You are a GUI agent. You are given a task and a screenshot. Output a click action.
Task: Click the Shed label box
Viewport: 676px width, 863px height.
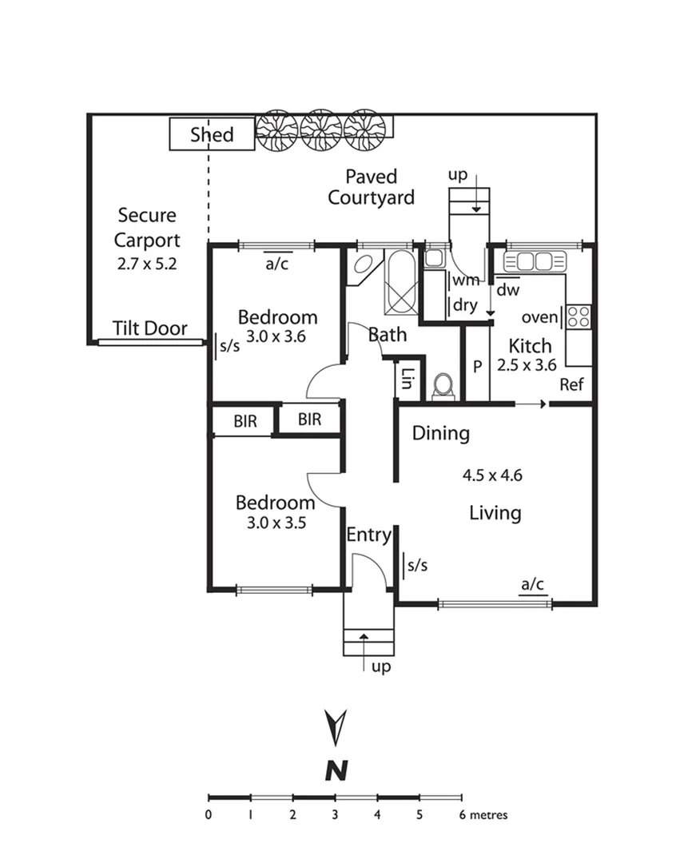coord(212,134)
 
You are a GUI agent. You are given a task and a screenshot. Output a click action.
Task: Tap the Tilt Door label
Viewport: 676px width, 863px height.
coord(150,328)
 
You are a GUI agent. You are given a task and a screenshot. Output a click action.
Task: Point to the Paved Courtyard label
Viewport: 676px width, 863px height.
coord(371,186)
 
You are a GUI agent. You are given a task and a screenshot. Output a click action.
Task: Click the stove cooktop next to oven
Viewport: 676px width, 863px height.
coord(579,316)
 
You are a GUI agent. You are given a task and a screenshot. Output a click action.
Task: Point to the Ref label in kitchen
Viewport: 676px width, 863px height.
coord(571,384)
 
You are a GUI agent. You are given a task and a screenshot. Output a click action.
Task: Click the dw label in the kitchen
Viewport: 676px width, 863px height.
coord(507,291)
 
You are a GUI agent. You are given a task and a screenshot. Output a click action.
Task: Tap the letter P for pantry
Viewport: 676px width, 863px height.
coord(477,367)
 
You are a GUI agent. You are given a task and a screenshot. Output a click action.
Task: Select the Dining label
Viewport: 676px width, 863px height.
coord(440,434)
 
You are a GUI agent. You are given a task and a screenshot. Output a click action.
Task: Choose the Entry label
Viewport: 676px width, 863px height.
coord(368,535)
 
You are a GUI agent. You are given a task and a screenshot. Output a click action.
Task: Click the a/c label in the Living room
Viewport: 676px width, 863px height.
coord(533,584)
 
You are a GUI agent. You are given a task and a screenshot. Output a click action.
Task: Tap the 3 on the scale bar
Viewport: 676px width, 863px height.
coord(335,816)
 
